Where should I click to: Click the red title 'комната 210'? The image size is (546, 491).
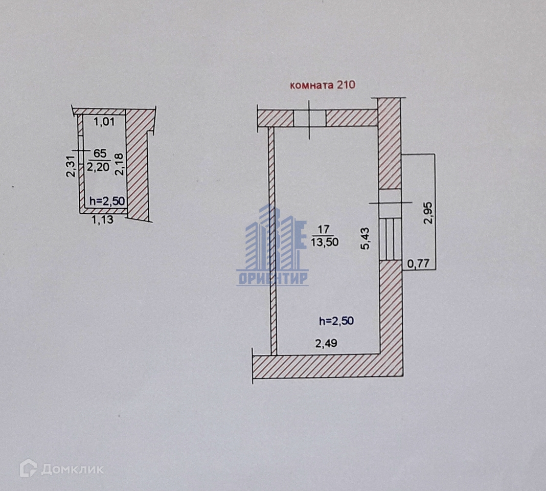point(322,85)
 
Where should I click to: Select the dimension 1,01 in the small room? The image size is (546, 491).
point(105,121)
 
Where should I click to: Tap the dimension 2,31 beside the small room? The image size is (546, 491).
point(71,167)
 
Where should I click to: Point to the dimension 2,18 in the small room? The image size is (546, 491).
point(119,164)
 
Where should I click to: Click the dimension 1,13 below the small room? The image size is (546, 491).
point(102,220)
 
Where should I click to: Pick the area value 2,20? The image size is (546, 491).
point(99,166)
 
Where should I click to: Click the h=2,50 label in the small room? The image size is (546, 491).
point(107,200)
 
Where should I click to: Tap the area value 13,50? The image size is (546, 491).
point(325,242)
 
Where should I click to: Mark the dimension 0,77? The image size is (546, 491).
point(417,264)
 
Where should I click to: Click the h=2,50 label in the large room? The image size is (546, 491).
point(336,321)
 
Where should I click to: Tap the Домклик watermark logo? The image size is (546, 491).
point(61,469)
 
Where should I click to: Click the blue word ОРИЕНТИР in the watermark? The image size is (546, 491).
point(272,278)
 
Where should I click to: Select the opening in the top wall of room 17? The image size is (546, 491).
point(309,118)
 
